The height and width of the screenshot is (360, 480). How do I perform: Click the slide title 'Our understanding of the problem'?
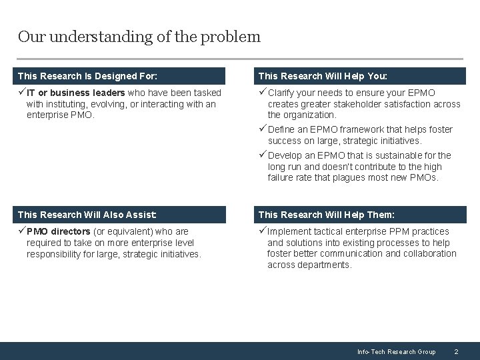click(139, 37)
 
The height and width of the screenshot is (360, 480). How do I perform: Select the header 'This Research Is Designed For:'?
click(87, 76)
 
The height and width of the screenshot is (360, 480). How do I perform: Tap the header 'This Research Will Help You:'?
click(323, 76)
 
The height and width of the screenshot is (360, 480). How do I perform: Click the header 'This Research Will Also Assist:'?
click(87, 215)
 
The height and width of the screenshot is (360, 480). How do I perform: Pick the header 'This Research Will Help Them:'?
click(326, 215)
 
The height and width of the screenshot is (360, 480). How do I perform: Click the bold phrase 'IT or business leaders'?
click(75, 93)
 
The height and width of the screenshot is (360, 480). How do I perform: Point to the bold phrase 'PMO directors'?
click(59, 232)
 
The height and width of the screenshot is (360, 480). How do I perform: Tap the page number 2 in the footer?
click(456, 351)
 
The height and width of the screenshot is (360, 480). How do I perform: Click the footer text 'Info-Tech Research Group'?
click(396, 351)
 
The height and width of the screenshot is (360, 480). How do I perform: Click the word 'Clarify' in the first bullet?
click(283, 93)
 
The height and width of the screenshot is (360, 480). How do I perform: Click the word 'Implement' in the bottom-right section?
click(289, 232)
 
